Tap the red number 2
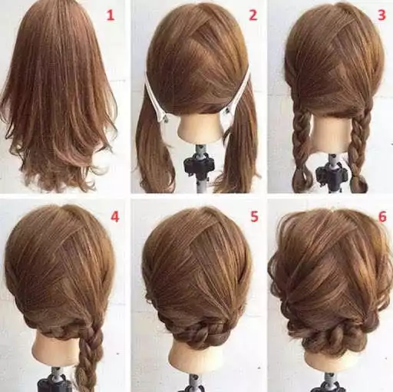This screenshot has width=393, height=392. click(252, 14)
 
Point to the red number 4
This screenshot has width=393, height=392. click(115, 216)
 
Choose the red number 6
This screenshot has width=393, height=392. click(381, 216)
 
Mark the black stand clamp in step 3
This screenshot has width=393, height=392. click(332, 173)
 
